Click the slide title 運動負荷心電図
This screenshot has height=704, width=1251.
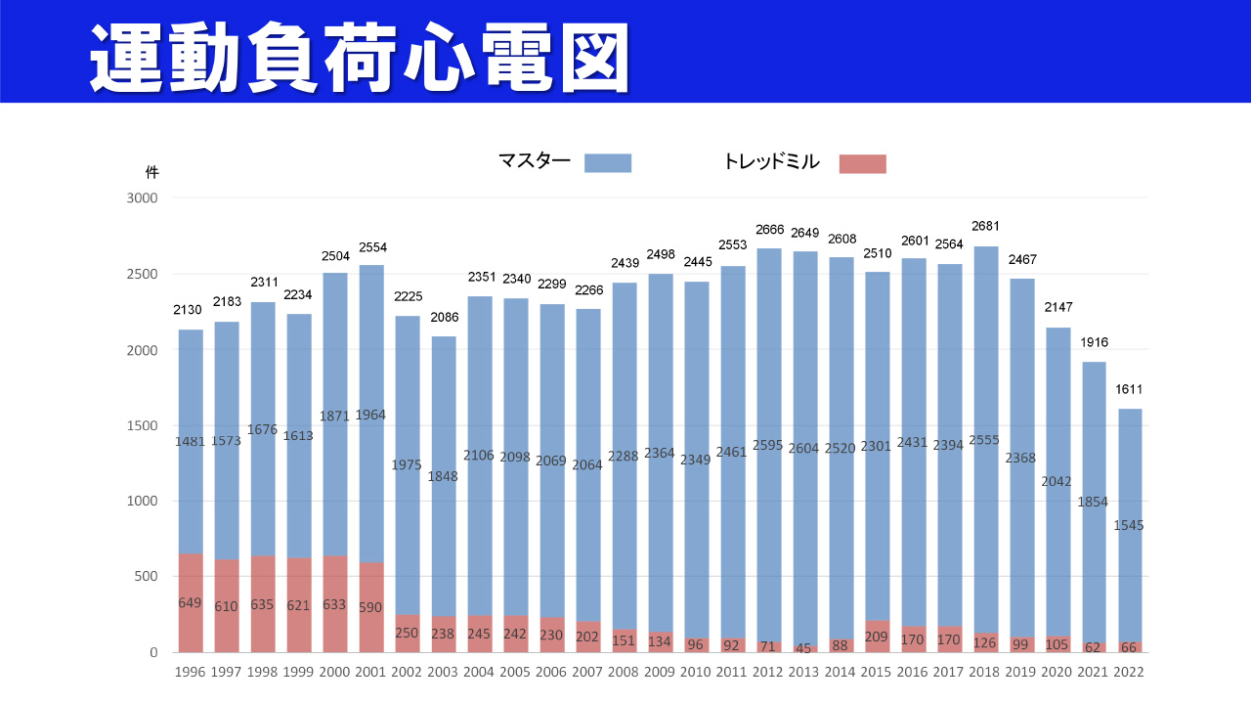pyautogui.click(x=360, y=57)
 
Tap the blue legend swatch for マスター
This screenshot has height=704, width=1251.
pyautogui.click(x=608, y=163)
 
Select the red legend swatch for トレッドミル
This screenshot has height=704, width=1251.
pyautogui.click(x=862, y=163)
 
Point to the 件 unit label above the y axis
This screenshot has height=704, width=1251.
pyautogui.click(x=151, y=172)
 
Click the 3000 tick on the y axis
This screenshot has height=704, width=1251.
pyautogui.click(x=142, y=198)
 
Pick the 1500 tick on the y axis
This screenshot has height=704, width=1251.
pyautogui.click(x=142, y=425)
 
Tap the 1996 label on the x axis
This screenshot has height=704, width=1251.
pyautogui.click(x=191, y=672)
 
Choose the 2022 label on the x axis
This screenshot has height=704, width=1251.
pyautogui.click(x=1130, y=672)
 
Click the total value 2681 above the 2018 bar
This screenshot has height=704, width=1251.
pyautogui.click(x=986, y=227)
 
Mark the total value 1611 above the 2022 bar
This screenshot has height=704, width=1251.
pyautogui.click(x=1130, y=389)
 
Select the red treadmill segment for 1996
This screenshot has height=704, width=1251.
pyautogui.click(x=191, y=603)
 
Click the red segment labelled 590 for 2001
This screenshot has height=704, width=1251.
pyautogui.click(x=371, y=607)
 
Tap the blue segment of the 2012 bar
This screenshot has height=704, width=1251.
pyautogui.click(x=769, y=391)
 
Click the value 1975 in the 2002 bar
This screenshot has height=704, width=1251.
pyautogui.click(x=408, y=465)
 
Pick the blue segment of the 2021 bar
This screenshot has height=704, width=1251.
pyautogui.click(x=1094, y=440)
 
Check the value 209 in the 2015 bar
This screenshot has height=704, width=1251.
pyautogui.click(x=878, y=636)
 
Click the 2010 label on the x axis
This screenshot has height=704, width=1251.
pyautogui.click(x=697, y=672)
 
